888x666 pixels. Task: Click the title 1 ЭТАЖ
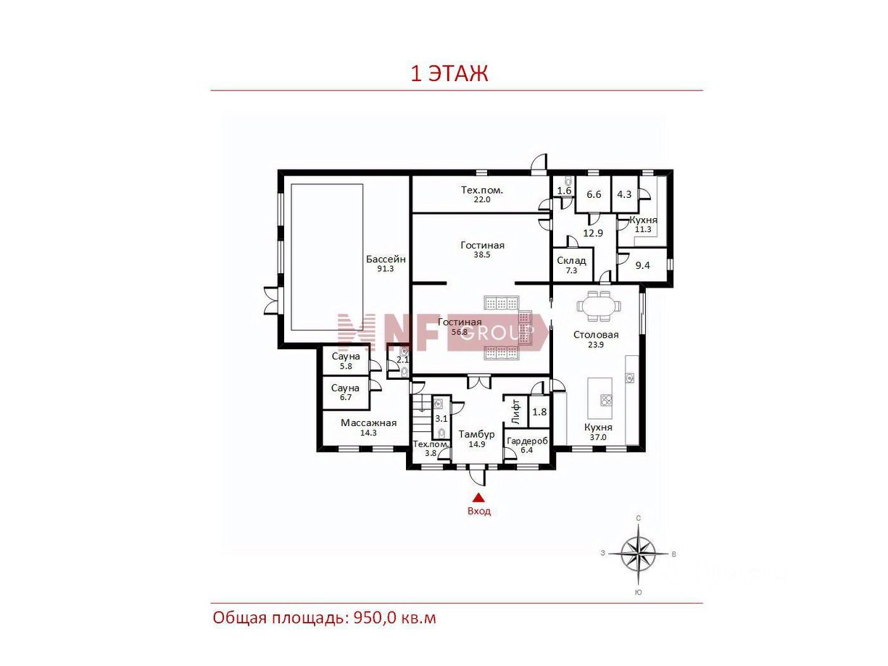449,74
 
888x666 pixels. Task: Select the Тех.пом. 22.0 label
481,194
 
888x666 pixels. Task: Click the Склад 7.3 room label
570,265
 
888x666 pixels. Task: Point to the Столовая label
596,335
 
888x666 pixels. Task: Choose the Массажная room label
368,423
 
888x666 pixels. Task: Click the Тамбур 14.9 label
476,438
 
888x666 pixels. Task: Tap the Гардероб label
527,441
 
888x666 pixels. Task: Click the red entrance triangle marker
478,497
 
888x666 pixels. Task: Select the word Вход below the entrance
479,512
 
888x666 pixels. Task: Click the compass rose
638,554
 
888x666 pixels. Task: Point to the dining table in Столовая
598,306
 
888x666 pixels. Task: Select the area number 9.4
642,265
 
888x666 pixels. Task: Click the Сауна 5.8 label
346,361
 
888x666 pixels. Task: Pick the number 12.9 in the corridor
593,233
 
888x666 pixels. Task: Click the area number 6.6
594,194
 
